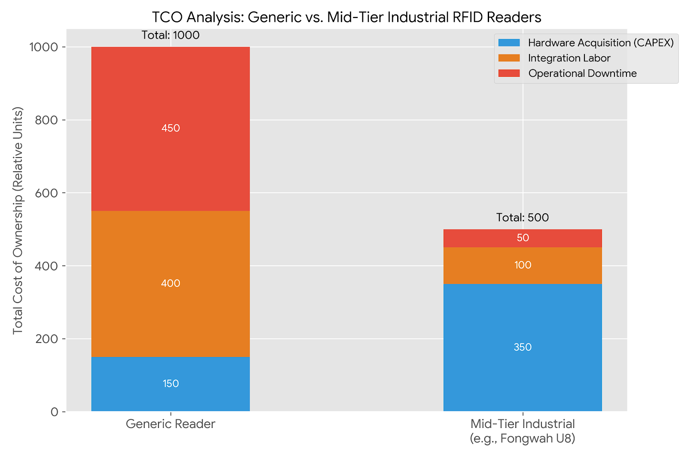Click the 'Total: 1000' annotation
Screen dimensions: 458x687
[170, 35]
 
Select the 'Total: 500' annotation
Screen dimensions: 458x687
[523, 218]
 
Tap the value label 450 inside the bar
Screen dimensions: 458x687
[170, 128]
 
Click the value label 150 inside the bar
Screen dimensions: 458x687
[170, 384]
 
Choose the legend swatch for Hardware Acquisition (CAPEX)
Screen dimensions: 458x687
[509, 43]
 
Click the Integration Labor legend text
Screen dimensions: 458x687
[569, 58]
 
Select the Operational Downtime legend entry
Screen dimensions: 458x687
[582, 73]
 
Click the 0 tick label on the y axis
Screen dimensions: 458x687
[55, 412]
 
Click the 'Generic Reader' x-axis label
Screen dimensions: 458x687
[170, 424]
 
